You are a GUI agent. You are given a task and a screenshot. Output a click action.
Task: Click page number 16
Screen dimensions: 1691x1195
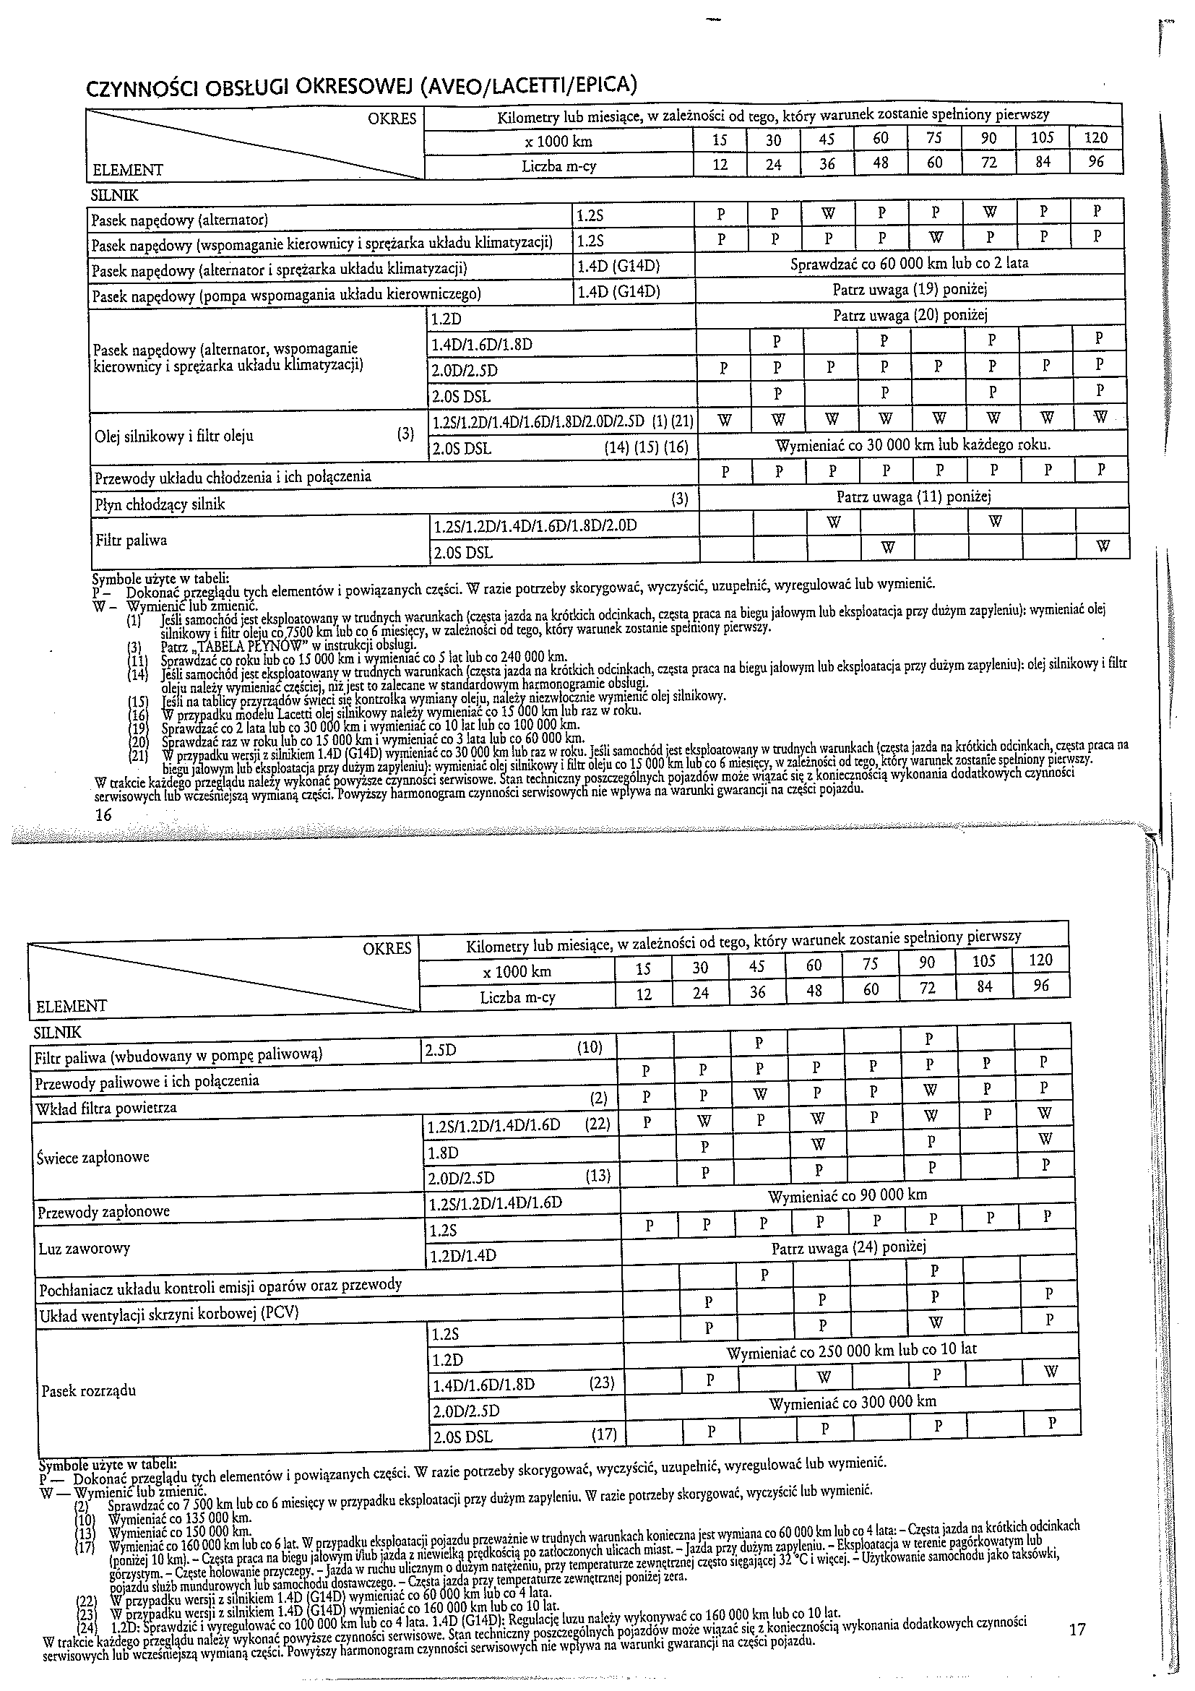pos(103,814)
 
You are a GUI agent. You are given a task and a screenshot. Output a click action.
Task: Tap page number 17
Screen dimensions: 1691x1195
pos(1077,1609)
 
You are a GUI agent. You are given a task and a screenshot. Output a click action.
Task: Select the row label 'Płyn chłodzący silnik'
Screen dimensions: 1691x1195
pos(159,504)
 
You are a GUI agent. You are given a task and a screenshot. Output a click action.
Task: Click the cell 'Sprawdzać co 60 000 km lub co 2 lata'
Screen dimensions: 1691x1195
pos(910,263)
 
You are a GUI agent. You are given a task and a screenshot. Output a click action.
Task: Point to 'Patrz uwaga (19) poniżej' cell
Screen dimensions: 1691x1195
pos(910,290)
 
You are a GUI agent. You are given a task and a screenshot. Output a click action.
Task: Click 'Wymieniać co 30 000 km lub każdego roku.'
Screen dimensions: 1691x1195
pos(913,446)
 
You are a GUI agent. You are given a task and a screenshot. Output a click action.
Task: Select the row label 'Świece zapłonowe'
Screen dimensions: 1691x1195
pos(92,1157)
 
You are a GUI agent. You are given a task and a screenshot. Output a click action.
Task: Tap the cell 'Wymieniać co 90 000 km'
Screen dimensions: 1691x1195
pos(847,1195)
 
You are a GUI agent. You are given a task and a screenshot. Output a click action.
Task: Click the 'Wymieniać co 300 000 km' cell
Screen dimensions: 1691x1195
pos(852,1402)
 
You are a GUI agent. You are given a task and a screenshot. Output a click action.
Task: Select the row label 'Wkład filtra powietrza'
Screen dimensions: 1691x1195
pos(105,1108)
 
